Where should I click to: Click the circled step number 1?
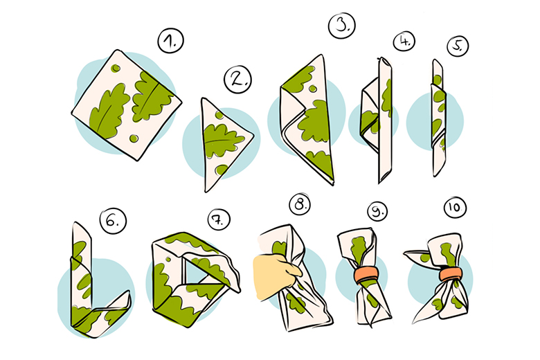point(170,41)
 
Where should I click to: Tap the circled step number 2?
point(237,80)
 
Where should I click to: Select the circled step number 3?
point(341,25)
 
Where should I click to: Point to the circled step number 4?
point(404,42)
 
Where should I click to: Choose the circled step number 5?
point(458,46)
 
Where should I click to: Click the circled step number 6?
point(113,221)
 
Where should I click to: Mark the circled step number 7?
point(219,219)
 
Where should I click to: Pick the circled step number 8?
point(300,205)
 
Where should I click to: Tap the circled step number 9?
point(377,211)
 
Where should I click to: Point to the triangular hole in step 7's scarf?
point(194,271)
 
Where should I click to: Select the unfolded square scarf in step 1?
point(127,105)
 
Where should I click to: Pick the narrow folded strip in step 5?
point(439,118)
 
